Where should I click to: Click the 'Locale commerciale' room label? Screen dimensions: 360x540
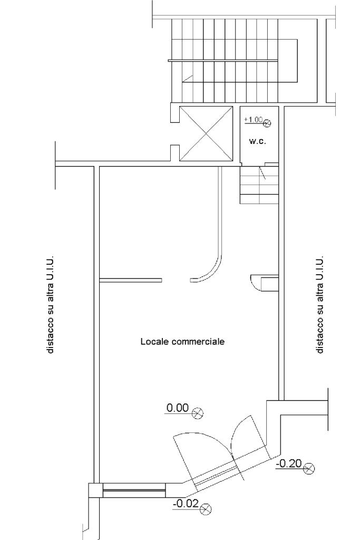(182, 341)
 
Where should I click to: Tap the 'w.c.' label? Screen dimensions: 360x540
(257, 141)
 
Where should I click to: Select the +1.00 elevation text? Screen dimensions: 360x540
(254, 120)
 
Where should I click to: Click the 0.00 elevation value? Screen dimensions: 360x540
(178, 408)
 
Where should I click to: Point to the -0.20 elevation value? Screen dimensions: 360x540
(289, 464)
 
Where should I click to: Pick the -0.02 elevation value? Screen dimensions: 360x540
(186, 504)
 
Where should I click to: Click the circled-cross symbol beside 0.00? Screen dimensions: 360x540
(198, 412)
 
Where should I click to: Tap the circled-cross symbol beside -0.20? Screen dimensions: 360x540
(309, 468)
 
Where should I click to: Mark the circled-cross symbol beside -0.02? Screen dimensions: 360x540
(206, 508)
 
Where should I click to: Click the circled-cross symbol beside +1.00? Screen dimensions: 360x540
(267, 122)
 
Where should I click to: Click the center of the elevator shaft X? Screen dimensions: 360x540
(206, 133)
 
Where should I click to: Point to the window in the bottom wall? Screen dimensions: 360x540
(134, 490)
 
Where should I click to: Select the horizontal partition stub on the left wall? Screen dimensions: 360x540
(130, 281)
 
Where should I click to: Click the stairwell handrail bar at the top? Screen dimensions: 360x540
(222, 61)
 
